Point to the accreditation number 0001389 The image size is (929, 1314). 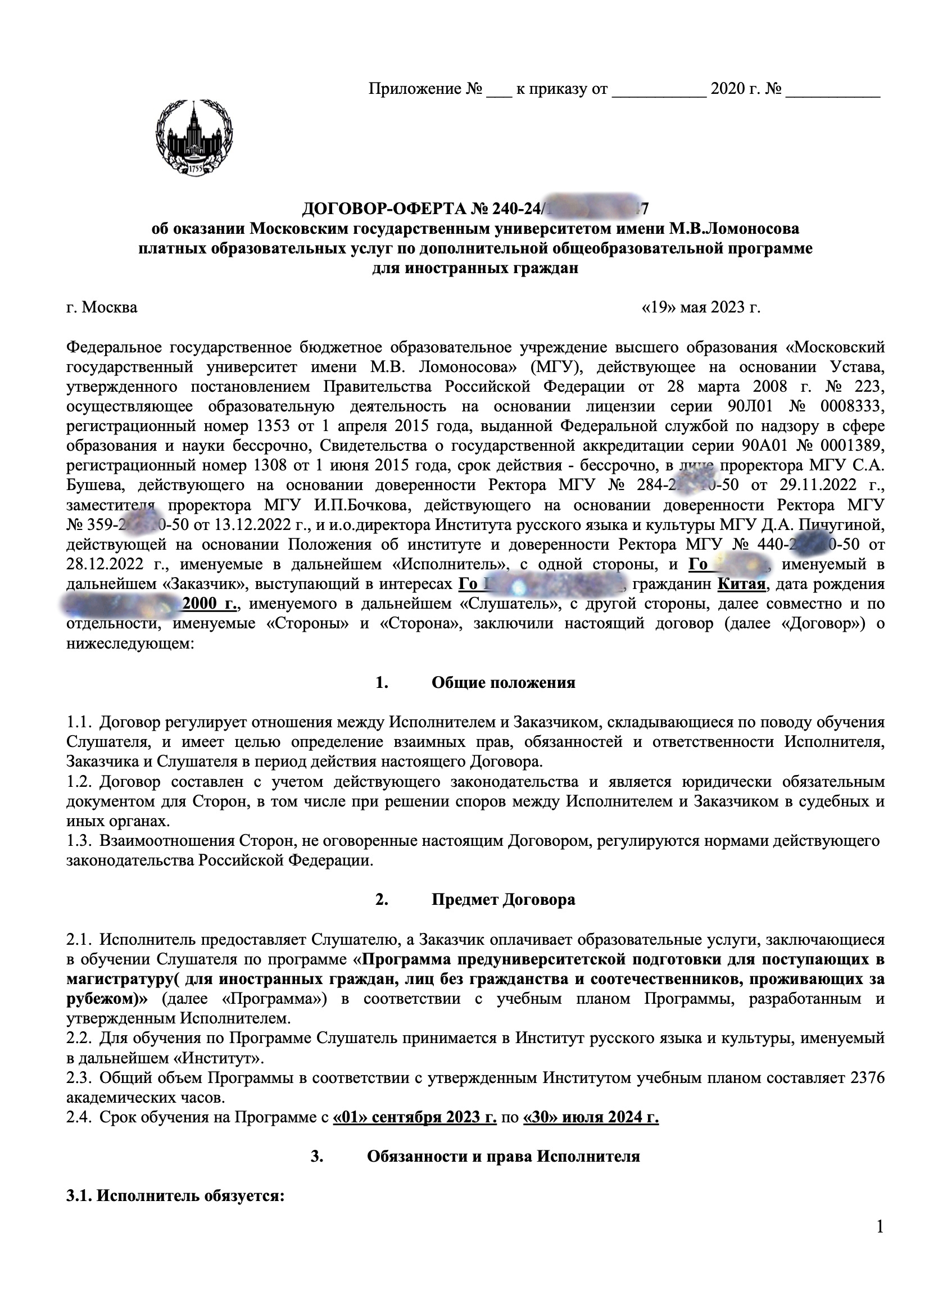tap(853, 446)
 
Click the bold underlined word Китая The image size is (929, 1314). tap(741, 584)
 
